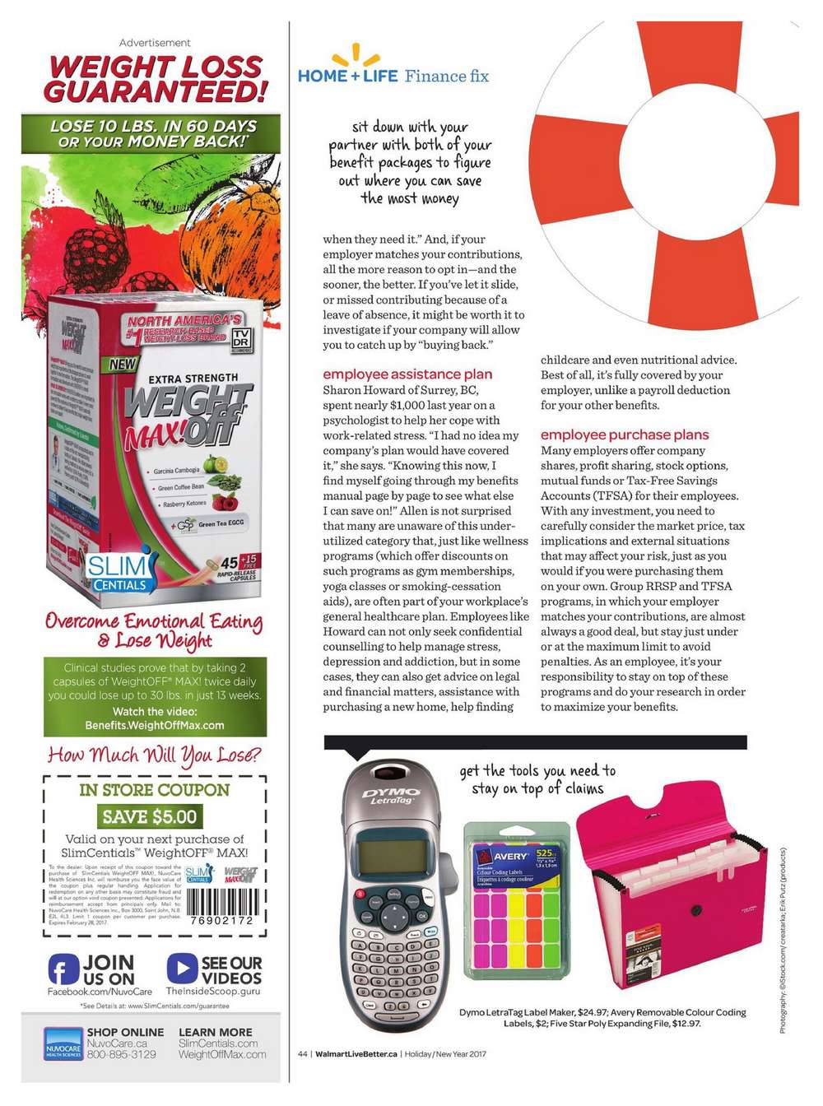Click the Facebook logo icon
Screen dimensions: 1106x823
click(x=63, y=969)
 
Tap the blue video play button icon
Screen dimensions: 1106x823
click(x=181, y=969)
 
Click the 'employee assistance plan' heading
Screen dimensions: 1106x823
click(x=407, y=374)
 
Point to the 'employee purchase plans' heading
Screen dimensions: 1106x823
click(x=624, y=434)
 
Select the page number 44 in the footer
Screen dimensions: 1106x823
click(x=302, y=1054)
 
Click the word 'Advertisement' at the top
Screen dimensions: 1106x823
click(x=155, y=43)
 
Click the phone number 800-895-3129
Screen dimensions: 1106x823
click(x=121, y=1054)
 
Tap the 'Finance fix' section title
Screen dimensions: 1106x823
click(x=446, y=77)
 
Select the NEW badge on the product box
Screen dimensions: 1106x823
click(x=123, y=364)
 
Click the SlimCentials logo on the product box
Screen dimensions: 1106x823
click(x=119, y=571)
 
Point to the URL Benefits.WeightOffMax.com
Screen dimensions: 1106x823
click(x=155, y=725)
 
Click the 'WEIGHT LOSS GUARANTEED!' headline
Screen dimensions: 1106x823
click(x=156, y=79)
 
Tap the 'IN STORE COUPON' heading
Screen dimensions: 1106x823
click(x=154, y=790)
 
